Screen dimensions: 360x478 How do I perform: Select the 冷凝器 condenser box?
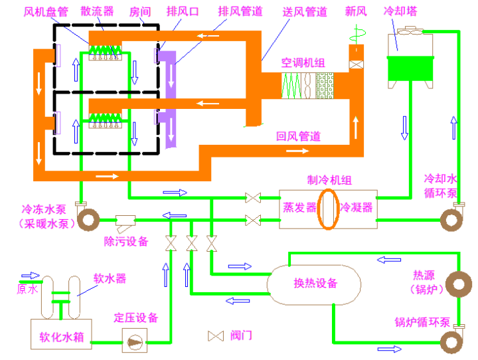(356, 207)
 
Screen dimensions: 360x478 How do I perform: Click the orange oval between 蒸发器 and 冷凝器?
(327, 208)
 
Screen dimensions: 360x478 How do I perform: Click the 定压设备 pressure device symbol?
(134, 341)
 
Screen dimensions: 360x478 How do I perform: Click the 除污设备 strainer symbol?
(126, 220)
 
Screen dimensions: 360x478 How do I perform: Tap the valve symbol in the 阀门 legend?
(216, 336)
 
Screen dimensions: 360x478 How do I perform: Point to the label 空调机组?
(303, 64)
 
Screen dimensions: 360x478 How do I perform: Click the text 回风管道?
(299, 136)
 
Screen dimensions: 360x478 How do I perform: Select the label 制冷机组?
(329, 180)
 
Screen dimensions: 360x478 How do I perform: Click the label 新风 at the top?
(357, 12)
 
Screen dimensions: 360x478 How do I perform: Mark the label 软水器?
(110, 278)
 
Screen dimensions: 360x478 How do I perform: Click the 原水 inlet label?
(27, 290)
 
